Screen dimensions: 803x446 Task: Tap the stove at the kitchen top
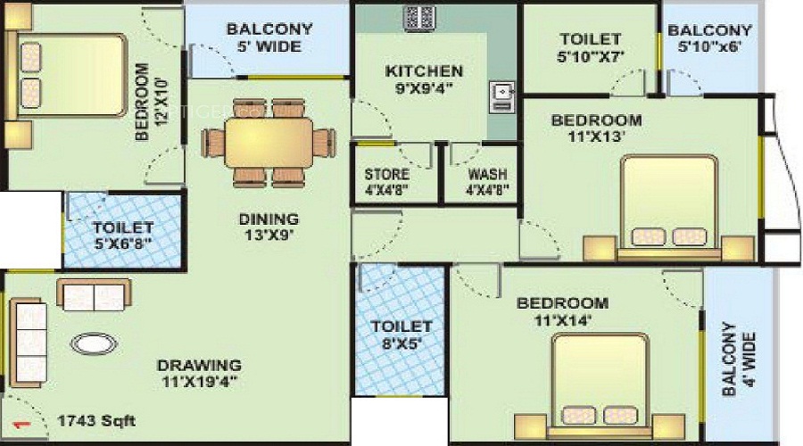coord(419,18)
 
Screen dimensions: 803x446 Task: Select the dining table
coord(269,143)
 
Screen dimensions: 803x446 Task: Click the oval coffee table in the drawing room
coord(94,343)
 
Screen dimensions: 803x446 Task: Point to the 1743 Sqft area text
coord(96,421)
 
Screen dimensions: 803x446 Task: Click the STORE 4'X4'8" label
coord(387,182)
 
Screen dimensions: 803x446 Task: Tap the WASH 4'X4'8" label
coord(487,182)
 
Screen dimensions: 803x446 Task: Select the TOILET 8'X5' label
coord(401,334)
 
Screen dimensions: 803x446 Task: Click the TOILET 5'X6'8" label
coord(123,234)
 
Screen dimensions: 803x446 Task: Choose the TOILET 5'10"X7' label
coord(591,47)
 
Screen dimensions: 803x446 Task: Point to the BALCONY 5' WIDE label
coord(269,37)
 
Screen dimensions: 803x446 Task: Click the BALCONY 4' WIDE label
coord(739,358)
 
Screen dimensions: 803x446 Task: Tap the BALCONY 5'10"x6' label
coord(710,38)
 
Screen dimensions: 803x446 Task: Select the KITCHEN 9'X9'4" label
coord(424,79)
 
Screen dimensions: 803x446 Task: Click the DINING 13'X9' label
coord(269,227)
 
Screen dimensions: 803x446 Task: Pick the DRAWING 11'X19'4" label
coord(199,373)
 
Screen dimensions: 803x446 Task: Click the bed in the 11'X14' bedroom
coord(600,386)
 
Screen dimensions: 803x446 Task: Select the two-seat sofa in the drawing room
coord(94,295)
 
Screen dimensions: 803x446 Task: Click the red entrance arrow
coord(21,424)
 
